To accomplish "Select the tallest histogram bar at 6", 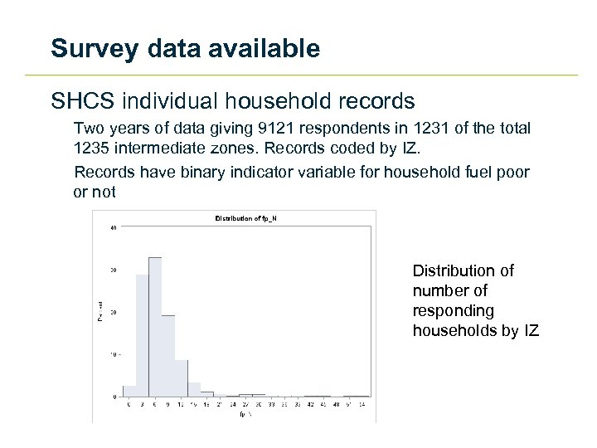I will point(154,327).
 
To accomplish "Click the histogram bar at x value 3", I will point(142,335).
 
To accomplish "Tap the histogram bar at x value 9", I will point(167,356).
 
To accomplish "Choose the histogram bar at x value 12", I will point(181,378).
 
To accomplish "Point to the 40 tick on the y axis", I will point(113,227).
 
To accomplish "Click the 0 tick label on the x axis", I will point(129,404).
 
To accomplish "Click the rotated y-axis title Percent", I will point(100,311).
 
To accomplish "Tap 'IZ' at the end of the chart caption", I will point(531,331).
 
